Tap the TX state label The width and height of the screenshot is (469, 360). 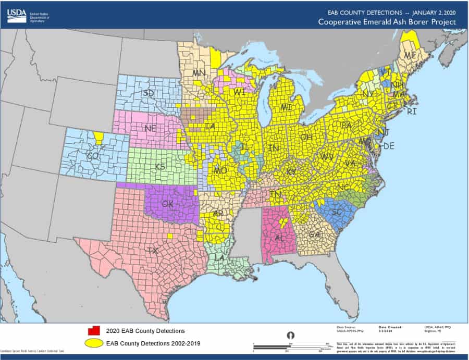coord(152,251)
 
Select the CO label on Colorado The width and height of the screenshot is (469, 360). coord(93,155)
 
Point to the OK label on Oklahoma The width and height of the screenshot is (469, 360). coord(167,203)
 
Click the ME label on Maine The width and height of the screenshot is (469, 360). coord(411,55)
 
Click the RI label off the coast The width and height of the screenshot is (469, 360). coord(412,111)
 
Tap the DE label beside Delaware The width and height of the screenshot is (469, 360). coord(389,146)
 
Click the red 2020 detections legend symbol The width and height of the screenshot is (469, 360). coord(94,330)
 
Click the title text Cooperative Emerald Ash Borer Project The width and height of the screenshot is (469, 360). coord(387,22)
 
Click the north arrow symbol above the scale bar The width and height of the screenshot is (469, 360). coord(291,335)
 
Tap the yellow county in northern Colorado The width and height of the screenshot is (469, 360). coord(98,137)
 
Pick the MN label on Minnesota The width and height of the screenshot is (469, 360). coord(199,72)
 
